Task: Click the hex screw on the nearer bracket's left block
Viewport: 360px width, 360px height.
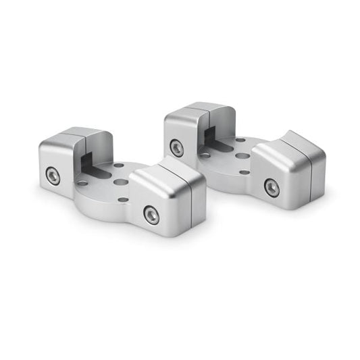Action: pos(53,176)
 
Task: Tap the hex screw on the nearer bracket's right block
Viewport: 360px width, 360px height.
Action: pos(152,215)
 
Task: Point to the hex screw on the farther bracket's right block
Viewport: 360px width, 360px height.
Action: pos(272,187)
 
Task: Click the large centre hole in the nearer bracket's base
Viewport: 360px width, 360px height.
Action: pos(120,182)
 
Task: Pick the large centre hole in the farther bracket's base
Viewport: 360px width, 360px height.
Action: pos(241,156)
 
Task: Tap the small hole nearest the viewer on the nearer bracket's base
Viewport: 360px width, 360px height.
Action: pos(123,199)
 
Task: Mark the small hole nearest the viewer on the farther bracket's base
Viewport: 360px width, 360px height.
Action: pos(243,172)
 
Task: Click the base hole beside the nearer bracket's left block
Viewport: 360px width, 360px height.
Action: pos(82,182)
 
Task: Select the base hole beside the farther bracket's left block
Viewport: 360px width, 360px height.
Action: pos(205,155)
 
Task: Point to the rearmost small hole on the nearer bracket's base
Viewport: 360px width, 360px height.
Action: pos(119,165)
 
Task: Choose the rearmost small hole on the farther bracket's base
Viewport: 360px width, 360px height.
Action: pos(240,140)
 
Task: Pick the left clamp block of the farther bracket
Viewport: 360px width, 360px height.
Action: pos(189,132)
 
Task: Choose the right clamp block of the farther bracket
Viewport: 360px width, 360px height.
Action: pos(287,169)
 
